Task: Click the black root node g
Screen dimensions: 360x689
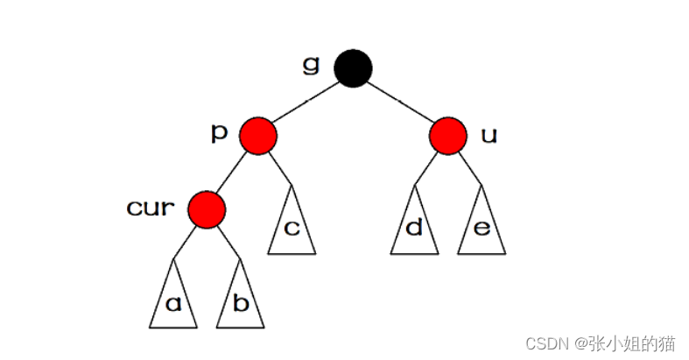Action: pyautogui.click(x=355, y=67)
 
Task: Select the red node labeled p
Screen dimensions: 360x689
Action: pyautogui.click(x=259, y=136)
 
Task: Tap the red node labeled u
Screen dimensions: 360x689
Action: pyautogui.click(x=447, y=136)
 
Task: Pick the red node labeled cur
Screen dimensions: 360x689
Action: pyautogui.click(x=207, y=208)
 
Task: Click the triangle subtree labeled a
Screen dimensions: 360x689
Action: pyautogui.click(x=173, y=300)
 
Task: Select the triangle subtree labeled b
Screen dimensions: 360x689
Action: pyautogui.click(x=241, y=300)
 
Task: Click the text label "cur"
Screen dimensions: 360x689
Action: pyautogui.click(x=151, y=208)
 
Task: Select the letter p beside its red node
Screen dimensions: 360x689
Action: pyautogui.click(x=220, y=133)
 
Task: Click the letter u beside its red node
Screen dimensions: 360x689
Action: pyautogui.click(x=489, y=136)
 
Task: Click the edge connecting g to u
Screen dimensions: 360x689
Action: pyautogui.click(x=401, y=102)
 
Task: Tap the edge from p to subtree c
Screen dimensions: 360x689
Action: pyautogui.click(x=279, y=167)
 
